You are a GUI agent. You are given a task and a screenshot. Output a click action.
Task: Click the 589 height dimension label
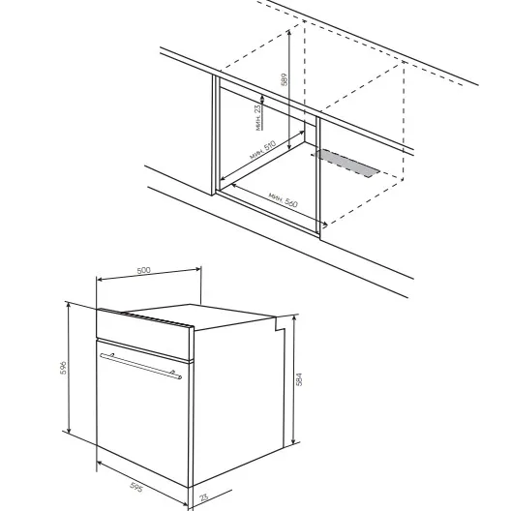(x=285, y=79)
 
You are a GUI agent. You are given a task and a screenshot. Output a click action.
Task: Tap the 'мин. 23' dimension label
(x=258, y=117)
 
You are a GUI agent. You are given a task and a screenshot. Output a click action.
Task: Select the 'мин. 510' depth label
(x=262, y=150)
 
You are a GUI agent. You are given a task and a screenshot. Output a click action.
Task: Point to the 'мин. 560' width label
(x=283, y=199)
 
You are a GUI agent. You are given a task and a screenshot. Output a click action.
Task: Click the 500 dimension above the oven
(x=143, y=270)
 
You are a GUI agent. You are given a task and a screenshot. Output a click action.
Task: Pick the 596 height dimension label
(x=63, y=368)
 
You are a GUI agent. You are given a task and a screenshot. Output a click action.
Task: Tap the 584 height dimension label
(x=299, y=379)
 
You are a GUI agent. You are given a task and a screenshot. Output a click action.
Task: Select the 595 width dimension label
(x=136, y=487)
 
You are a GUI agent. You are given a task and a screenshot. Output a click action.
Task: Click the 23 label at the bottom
(x=203, y=497)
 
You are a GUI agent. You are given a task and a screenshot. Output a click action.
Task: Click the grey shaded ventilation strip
(x=346, y=163)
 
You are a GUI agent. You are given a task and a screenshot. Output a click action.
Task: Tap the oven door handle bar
(x=140, y=366)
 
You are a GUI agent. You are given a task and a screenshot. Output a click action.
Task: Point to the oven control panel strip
(x=145, y=334)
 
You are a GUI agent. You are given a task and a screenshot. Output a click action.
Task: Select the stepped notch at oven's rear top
(x=281, y=323)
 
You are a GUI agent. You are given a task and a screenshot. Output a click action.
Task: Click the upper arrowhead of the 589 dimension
(x=289, y=32)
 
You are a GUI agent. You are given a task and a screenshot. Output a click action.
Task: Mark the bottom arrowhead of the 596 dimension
(x=69, y=430)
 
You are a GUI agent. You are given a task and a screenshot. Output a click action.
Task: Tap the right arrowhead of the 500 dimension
(x=197, y=269)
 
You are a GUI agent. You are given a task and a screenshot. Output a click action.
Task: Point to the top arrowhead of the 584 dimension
(x=294, y=318)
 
